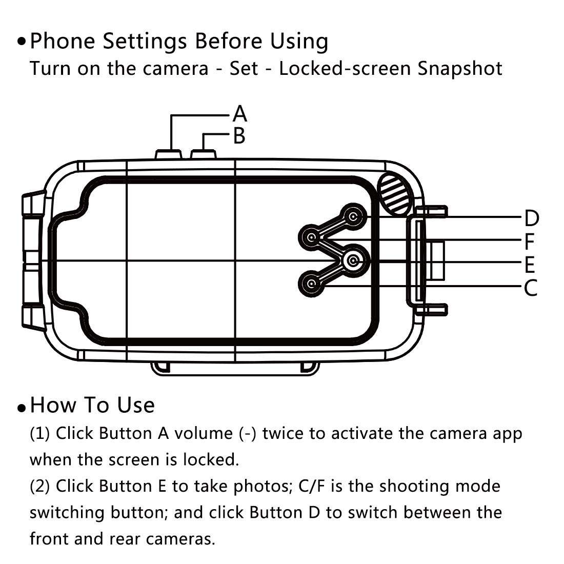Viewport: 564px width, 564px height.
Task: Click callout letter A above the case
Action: (240, 114)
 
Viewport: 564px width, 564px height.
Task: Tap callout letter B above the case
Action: (239, 136)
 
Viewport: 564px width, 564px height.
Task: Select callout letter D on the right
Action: (531, 218)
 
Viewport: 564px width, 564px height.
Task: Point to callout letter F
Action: (530, 241)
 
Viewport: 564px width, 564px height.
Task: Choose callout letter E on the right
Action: (530, 265)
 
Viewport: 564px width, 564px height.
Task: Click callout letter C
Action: (531, 288)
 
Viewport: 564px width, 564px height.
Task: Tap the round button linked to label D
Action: (353, 217)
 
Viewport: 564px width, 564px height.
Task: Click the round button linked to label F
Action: (311, 237)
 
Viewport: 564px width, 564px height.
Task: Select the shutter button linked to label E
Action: (353, 261)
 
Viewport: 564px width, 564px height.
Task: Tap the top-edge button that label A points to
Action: (169, 154)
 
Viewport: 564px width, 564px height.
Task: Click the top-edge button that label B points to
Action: (204, 154)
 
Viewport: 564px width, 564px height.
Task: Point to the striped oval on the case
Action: (395, 193)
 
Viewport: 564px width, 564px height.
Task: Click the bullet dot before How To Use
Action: (21, 408)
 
